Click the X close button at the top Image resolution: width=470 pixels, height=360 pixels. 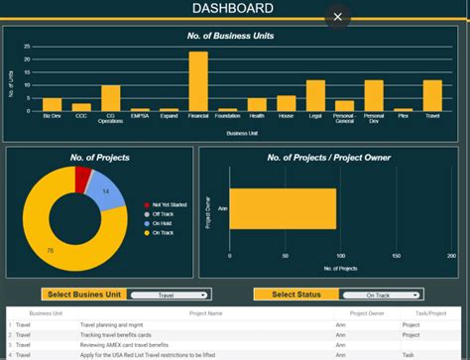point(338,16)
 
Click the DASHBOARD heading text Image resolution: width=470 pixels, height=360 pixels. point(233,10)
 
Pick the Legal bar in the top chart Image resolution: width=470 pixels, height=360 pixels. point(315,95)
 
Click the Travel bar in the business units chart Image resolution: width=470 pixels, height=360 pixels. point(432,95)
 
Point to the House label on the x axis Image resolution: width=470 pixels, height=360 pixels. point(286,118)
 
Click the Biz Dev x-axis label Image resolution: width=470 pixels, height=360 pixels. point(52,118)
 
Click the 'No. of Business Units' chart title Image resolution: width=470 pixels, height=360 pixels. point(230,37)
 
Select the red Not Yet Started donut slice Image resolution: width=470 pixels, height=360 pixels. point(83,178)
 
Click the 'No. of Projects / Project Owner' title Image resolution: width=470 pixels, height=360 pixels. point(328,158)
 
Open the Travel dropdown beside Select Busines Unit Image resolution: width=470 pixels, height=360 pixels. point(167,295)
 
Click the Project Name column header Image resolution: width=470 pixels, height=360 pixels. point(214,313)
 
